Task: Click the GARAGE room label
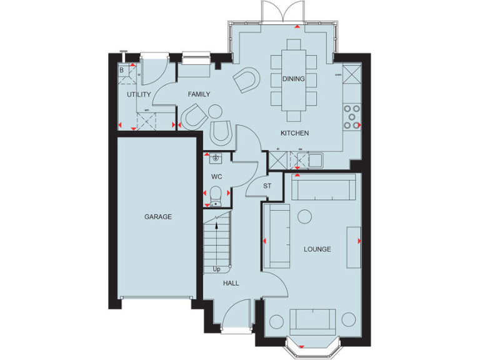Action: click(x=157, y=217)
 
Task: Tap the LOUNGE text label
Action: click(x=317, y=249)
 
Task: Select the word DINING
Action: click(x=294, y=79)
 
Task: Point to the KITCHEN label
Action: click(x=294, y=134)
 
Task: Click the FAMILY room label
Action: click(x=199, y=94)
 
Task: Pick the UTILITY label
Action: click(x=139, y=94)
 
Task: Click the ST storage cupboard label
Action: click(x=267, y=186)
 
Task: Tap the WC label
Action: click(x=217, y=176)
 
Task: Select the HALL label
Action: click(x=231, y=283)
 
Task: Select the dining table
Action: click(x=294, y=80)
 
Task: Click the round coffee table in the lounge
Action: click(x=304, y=216)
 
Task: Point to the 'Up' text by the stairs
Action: click(x=217, y=269)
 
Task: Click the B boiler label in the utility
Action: click(x=122, y=70)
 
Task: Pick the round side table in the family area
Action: click(x=215, y=112)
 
